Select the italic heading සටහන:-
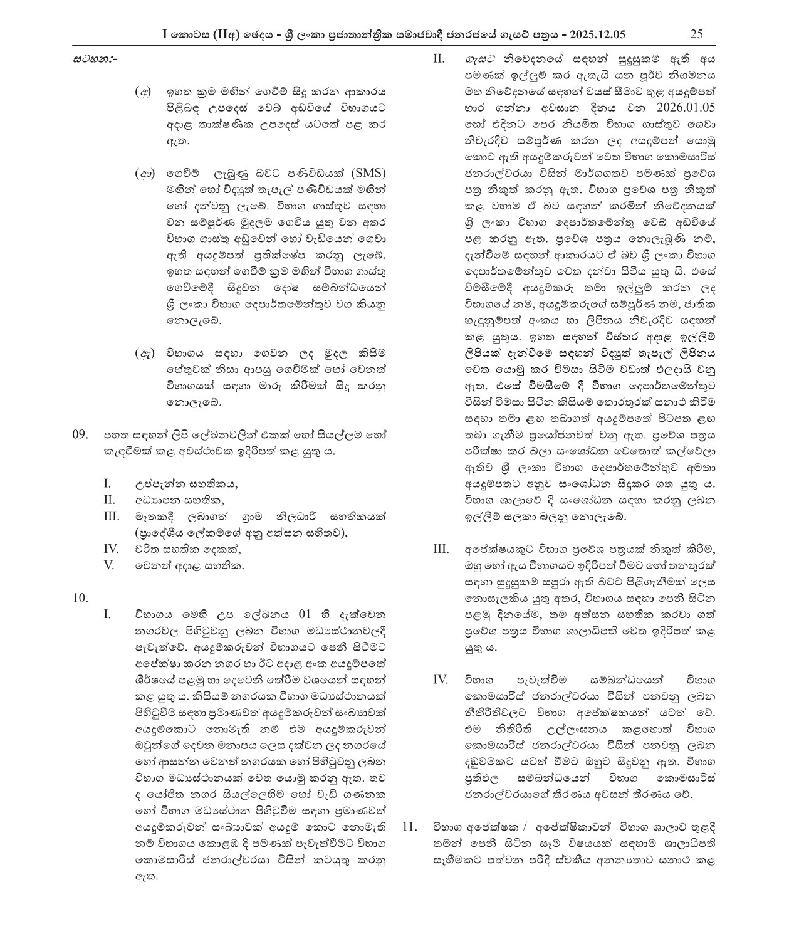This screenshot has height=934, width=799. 95,60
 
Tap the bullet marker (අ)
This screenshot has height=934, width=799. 144,92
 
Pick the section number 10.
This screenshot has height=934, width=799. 81,597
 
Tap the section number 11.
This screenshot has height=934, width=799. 409,827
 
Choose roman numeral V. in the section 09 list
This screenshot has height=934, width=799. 109,565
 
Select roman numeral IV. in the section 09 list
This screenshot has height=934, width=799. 111,548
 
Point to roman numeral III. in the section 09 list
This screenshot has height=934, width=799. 111,516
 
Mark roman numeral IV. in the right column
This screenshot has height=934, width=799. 441,680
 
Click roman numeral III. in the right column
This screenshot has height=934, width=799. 441,549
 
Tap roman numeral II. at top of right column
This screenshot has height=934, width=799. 439,59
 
